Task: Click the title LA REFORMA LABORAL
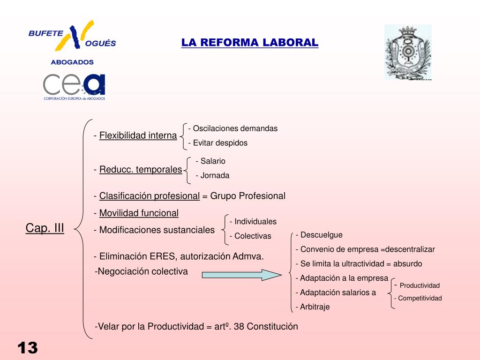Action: pos(250,43)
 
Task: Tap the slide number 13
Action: pos(28,348)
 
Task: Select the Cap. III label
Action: pos(45,228)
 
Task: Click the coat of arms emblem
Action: pos(408,52)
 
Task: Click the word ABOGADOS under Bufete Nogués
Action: pos(72,62)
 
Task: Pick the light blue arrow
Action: pos(241,275)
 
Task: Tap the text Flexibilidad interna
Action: pos(138,135)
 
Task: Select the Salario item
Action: pos(213,161)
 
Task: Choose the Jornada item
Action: pos(215,176)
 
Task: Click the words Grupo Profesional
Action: pos(247,196)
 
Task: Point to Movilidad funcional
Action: pos(139,213)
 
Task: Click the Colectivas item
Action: pos(252,236)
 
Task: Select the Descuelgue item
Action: pos(321,235)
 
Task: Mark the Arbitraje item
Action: pos(315,307)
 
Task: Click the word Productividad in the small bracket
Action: pos(420,285)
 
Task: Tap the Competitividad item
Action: pos(420,298)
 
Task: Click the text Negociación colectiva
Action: pos(142,271)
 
